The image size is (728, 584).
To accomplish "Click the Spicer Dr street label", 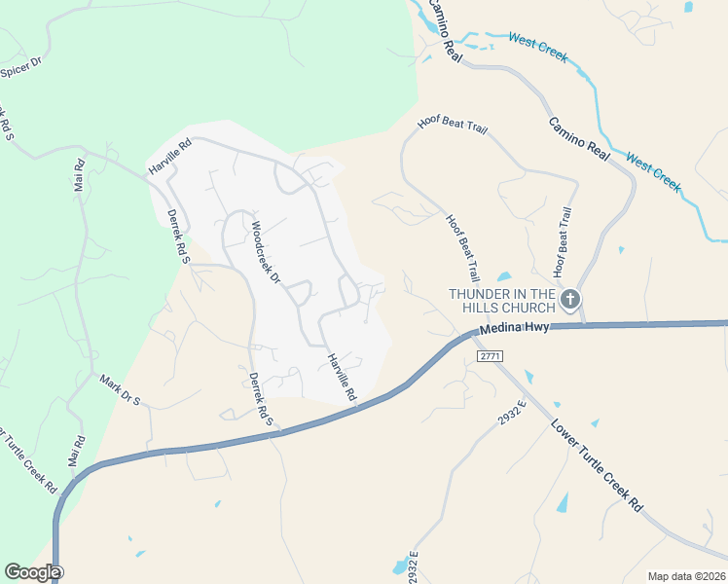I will coord(21,66).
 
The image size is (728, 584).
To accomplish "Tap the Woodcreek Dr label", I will coord(266,253).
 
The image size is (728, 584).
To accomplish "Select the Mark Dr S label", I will coord(121,387).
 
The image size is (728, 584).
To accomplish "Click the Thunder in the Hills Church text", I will coord(501,300).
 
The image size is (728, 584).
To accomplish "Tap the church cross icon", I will coord(570,299).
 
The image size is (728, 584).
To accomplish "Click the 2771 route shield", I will coord(489,357).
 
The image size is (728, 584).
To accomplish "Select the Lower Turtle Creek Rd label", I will coord(598,465).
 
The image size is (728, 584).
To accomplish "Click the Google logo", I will coord(33,572).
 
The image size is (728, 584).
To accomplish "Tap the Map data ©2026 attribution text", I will coord(686,576).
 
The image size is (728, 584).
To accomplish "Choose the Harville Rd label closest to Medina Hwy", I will coord(342,378).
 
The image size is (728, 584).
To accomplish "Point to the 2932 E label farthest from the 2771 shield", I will coord(414,568).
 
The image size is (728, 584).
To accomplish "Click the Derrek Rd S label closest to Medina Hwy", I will coord(259,399).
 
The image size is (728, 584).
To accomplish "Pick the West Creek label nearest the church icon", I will coord(654,171).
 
